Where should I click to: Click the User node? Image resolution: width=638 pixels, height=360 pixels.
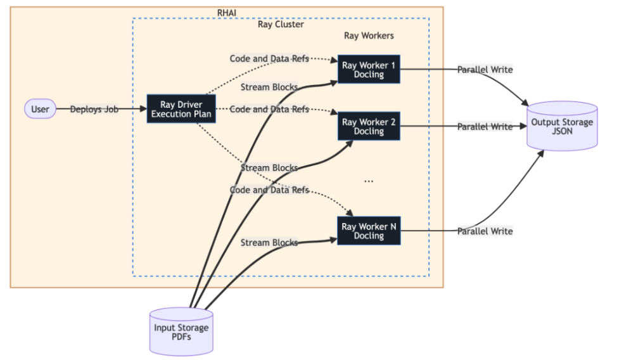(x=40, y=109)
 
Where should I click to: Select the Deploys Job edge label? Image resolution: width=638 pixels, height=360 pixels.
(x=93, y=109)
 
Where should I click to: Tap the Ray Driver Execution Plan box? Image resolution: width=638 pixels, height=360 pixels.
(x=181, y=109)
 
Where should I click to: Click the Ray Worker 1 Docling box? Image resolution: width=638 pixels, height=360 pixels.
(x=369, y=70)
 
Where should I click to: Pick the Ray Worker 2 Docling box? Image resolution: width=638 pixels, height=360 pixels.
(x=369, y=126)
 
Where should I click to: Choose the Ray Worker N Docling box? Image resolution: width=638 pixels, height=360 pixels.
(x=369, y=231)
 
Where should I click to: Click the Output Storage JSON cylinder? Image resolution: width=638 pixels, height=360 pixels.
(x=561, y=127)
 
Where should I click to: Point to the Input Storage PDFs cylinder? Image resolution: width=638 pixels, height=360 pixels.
(x=181, y=331)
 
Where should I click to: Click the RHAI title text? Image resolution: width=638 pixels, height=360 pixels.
(x=227, y=13)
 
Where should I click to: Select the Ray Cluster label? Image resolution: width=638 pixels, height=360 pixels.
(x=281, y=25)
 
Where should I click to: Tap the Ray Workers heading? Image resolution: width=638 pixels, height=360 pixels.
(x=369, y=36)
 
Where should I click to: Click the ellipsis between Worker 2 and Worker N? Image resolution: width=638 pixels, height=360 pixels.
(x=369, y=181)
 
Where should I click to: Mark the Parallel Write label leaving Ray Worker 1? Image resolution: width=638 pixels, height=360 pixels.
(x=485, y=69)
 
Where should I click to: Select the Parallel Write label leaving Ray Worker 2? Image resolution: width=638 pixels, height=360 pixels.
(x=485, y=126)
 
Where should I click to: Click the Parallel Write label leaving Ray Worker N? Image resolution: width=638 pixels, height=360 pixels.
(x=485, y=231)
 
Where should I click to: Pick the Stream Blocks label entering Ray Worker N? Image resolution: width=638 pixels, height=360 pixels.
(x=269, y=243)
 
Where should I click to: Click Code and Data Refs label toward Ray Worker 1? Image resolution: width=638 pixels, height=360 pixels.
(x=269, y=59)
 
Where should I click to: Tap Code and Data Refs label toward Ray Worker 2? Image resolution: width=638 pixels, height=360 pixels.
(x=269, y=109)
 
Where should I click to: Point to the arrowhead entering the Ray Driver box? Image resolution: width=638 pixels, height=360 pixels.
(x=143, y=109)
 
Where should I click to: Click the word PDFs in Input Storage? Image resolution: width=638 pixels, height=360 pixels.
(x=181, y=337)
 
